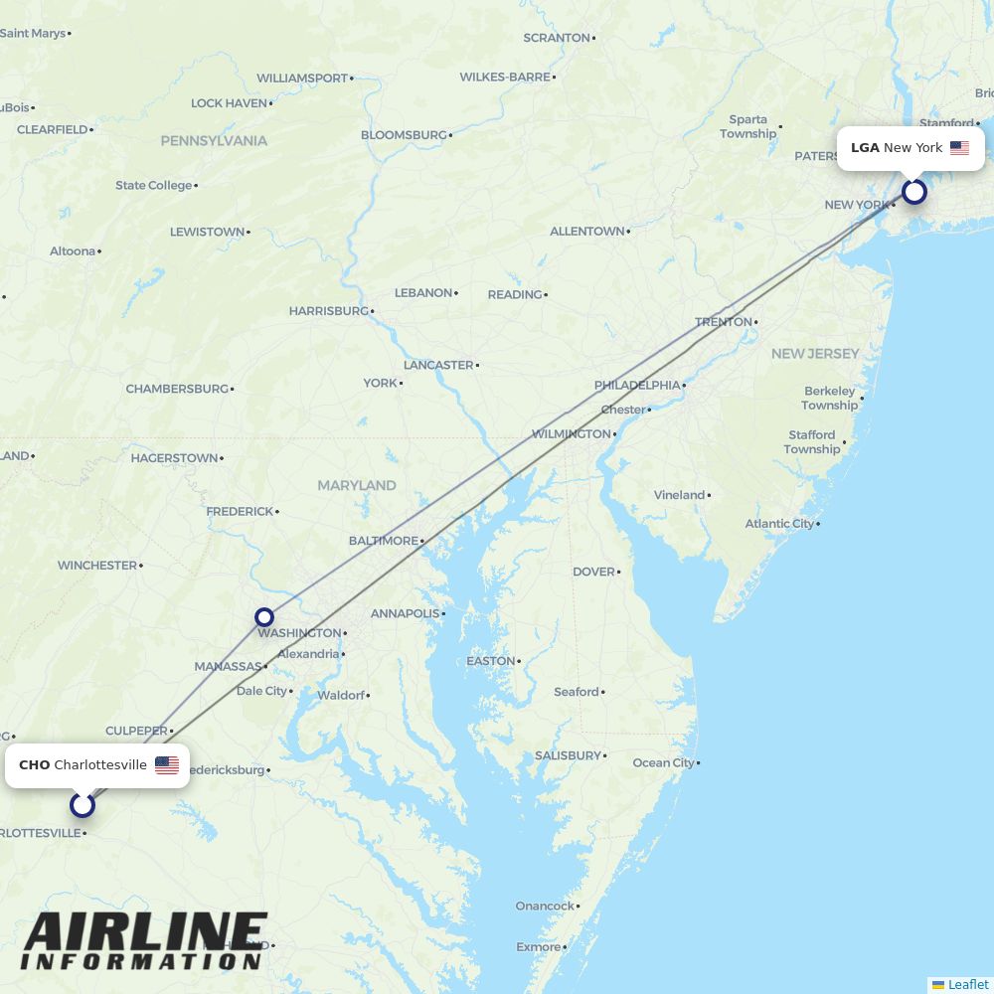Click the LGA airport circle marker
coord(914,192)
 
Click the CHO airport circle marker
coord(83,804)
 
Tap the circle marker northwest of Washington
coord(264,617)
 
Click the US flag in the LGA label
coord(959,148)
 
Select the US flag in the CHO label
coord(167,765)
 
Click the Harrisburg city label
coord(329,311)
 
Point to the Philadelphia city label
coord(637,385)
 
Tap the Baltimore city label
coord(384,541)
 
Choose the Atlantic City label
coord(779,524)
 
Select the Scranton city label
coord(557,38)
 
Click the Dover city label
coord(593,572)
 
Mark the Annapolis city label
coord(405,613)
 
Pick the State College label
coord(153,185)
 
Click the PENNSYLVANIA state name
coord(214,141)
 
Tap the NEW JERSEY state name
coord(815,354)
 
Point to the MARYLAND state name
coord(357,485)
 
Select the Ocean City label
coord(663,762)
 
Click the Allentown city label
coord(587,232)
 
